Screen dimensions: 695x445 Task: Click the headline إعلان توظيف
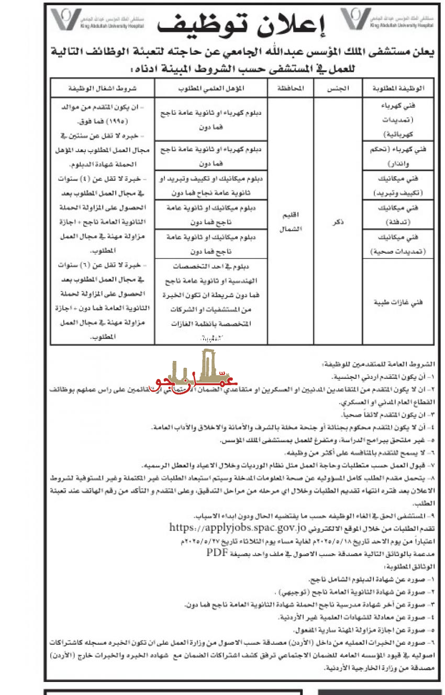click(x=246, y=24)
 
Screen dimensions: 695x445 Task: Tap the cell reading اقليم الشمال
click(x=290, y=225)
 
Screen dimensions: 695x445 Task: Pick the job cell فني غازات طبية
click(x=398, y=302)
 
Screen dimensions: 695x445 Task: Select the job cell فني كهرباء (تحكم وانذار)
click(x=398, y=154)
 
